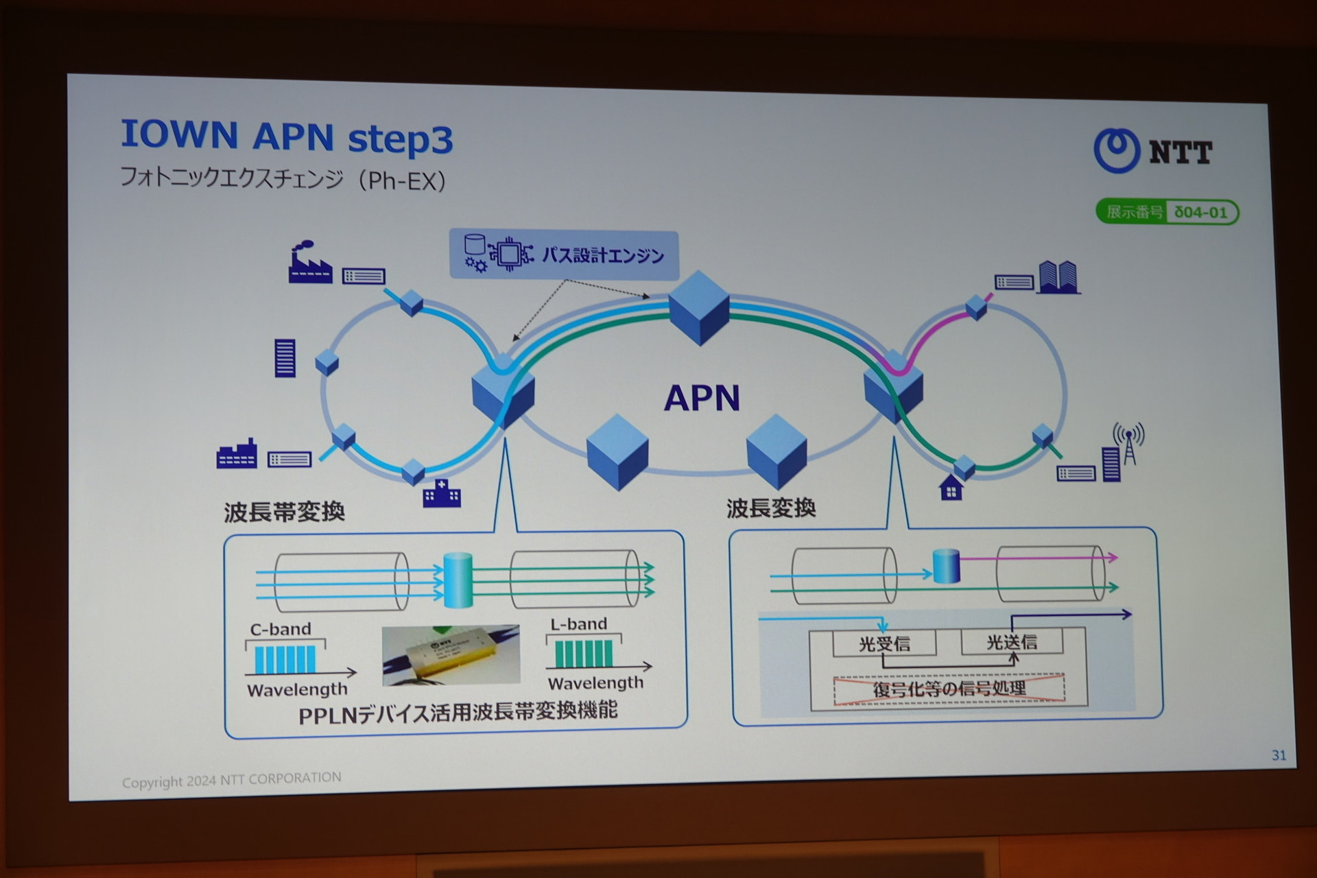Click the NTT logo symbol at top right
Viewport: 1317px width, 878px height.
(1117, 150)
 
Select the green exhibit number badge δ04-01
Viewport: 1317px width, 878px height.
(1167, 212)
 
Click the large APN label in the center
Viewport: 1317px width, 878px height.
(702, 398)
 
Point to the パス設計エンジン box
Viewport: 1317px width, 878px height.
(564, 255)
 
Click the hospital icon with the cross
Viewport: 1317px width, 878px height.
(442, 493)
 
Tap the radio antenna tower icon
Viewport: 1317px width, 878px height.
(1128, 443)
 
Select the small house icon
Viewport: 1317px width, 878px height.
(951, 488)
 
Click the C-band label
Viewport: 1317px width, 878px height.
(280, 629)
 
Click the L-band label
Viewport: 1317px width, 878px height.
(578, 624)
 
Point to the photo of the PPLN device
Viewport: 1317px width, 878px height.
(451, 654)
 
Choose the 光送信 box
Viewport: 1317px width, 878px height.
(1012, 642)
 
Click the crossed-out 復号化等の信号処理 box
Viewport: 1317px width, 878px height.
(949, 689)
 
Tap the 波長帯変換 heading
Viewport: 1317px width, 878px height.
(284, 512)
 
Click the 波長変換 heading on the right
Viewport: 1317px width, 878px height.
(771, 508)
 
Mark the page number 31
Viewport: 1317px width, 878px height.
(1279, 755)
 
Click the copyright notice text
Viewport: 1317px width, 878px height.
(231, 780)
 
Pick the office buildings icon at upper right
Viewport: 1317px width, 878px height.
(1058, 277)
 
